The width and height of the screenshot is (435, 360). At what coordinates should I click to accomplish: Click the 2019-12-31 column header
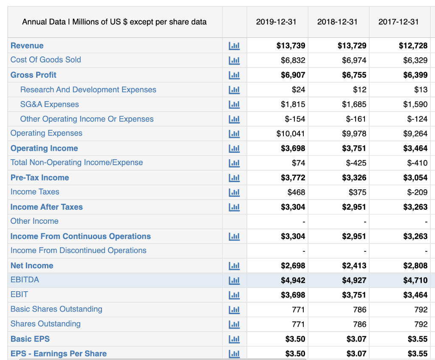[276, 22]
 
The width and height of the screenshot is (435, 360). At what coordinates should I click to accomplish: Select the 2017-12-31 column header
[398, 22]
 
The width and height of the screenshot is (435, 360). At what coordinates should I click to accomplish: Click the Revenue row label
[27, 45]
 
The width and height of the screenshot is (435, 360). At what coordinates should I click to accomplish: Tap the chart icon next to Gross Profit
[234, 75]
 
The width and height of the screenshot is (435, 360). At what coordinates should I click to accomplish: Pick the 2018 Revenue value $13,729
[352, 45]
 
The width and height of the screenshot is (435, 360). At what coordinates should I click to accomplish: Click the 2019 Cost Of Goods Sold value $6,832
[293, 60]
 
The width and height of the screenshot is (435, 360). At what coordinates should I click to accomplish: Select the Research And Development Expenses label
[88, 90]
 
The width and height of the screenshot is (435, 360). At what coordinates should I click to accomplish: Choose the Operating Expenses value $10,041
[291, 134]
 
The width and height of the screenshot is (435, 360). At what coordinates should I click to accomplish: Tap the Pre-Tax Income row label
[40, 177]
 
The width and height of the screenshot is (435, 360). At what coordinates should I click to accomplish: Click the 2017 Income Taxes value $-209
[417, 192]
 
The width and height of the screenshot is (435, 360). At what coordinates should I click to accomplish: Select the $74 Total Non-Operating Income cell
[298, 163]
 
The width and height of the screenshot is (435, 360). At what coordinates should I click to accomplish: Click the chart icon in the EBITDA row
[234, 280]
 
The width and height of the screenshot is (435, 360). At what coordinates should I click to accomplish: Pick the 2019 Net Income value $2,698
[293, 266]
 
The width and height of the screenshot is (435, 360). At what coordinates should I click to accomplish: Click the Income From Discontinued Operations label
[78, 250]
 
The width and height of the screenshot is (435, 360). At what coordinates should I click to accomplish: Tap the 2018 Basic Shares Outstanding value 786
[359, 309]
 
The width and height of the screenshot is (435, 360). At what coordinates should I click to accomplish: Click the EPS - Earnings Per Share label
[58, 354]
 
